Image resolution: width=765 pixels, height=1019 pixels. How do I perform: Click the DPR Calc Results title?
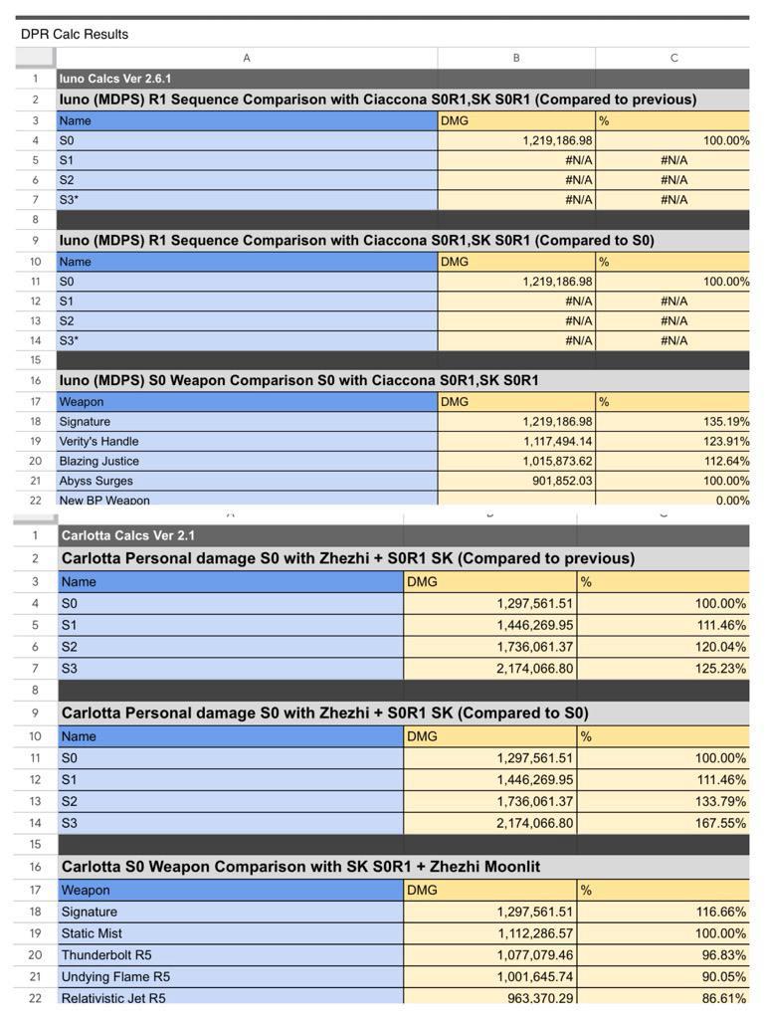pyautogui.click(x=75, y=34)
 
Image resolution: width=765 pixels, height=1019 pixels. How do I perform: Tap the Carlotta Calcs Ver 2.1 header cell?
pyautogui.click(x=128, y=535)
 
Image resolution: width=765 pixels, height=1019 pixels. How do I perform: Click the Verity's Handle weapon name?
pyautogui.click(x=98, y=441)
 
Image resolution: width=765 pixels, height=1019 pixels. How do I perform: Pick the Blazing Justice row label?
pyautogui.click(x=98, y=461)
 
